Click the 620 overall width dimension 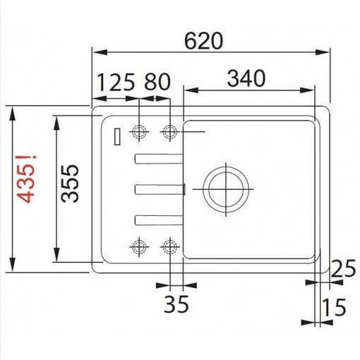point(203,41)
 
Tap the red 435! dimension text point(27,179)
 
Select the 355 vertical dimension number point(70,184)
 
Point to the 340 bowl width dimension point(246,78)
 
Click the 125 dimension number point(116,82)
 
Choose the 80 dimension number point(157,82)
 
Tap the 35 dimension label point(176,304)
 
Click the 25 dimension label point(343,268)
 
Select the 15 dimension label point(334,307)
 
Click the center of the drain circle point(226,189)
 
